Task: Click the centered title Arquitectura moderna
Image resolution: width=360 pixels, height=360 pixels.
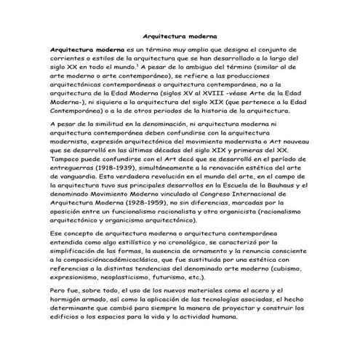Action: (x=180, y=34)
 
